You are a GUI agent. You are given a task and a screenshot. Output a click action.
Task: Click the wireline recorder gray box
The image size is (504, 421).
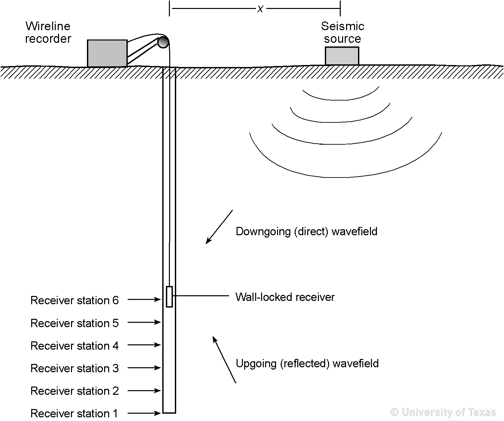click(x=107, y=53)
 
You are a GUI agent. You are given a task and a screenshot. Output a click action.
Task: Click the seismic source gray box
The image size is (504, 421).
click(x=342, y=56)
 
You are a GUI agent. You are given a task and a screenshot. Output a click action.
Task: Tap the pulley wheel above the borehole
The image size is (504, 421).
click(x=163, y=42)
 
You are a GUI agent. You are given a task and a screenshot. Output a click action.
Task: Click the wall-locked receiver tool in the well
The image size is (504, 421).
click(x=169, y=297)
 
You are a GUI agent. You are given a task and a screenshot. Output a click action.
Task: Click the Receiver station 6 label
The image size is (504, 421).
click(x=74, y=300)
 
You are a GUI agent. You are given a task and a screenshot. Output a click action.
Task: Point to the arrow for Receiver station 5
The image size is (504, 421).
click(x=144, y=322)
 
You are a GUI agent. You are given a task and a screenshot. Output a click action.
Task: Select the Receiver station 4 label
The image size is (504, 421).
click(x=74, y=346)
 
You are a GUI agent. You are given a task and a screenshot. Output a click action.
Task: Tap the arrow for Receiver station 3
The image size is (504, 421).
click(x=144, y=368)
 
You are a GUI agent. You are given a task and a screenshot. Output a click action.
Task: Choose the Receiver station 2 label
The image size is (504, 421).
click(x=74, y=391)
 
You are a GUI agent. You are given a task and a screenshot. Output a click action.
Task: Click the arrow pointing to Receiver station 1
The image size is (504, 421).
click(x=144, y=413)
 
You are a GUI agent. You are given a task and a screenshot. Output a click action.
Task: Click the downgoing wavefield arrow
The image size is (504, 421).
click(x=219, y=227)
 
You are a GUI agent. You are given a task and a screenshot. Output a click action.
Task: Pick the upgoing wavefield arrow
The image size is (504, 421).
click(x=224, y=360)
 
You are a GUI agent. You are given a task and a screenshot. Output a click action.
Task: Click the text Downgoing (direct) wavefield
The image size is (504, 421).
click(x=306, y=231)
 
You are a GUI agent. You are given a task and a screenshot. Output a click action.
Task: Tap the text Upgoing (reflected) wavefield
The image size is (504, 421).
click(x=307, y=364)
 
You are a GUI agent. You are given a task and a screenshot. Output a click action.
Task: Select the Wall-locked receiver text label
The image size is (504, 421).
click(x=285, y=297)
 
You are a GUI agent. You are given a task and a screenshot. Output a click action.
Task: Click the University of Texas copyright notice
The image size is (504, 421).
click(x=443, y=412)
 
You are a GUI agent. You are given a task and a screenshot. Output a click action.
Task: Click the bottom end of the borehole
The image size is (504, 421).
click(x=169, y=412)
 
